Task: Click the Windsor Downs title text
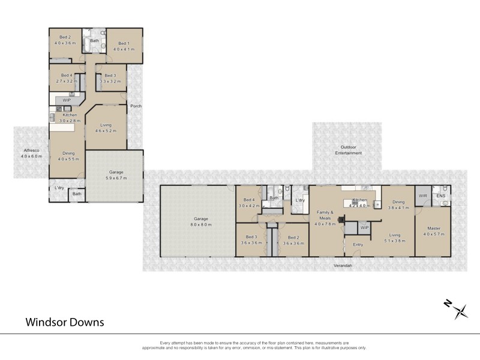pyautogui.click(x=65, y=322)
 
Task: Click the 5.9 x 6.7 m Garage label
pyautogui.click(x=116, y=175)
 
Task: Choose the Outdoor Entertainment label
pyautogui.click(x=349, y=150)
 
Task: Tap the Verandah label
pyautogui.click(x=343, y=264)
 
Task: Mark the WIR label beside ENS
pyautogui.click(x=423, y=196)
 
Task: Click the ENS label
pyautogui.click(x=442, y=196)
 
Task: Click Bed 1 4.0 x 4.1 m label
pyautogui.click(x=123, y=46)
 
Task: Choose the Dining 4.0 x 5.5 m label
pyautogui.click(x=68, y=156)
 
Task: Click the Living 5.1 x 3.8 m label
pyautogui.click(x=394, y=238)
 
